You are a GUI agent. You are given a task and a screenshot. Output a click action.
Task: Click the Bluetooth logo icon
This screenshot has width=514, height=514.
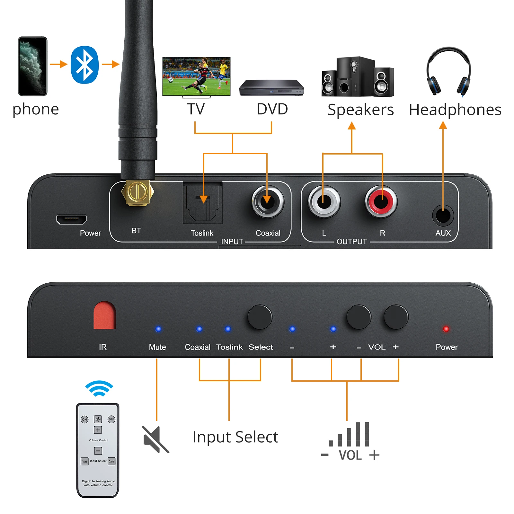84,65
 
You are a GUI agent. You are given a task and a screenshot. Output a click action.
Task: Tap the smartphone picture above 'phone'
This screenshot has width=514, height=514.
32,66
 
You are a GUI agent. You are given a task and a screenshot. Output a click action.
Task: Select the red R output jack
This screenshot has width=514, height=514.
381,202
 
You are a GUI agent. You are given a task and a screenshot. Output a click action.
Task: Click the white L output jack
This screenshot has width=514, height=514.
324,202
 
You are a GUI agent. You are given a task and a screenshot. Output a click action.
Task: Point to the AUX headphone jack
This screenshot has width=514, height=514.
443,216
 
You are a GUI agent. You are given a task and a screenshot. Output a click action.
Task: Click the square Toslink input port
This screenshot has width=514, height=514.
203,203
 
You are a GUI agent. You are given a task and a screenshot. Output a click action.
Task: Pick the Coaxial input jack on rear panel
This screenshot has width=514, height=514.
268,202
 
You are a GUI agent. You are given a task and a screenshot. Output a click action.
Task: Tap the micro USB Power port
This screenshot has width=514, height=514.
71,219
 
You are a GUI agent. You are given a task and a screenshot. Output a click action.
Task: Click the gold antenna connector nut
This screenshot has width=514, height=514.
137,193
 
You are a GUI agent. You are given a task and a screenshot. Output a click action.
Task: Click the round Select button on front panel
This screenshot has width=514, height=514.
260,317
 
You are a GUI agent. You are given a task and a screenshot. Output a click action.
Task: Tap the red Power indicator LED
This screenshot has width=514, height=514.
446,329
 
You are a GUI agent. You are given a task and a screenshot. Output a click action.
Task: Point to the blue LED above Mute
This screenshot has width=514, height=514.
158,329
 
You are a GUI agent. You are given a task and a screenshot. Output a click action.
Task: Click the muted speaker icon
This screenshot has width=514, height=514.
155,439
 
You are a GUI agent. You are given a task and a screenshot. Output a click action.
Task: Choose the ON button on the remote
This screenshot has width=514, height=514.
84,419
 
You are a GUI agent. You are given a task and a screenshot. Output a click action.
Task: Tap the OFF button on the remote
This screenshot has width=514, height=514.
111,419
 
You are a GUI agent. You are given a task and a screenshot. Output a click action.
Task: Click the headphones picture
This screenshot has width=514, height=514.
449,72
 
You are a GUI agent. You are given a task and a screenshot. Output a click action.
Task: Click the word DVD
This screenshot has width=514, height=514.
272,109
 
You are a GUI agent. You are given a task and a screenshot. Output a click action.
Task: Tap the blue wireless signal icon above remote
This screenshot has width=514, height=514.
99,388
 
